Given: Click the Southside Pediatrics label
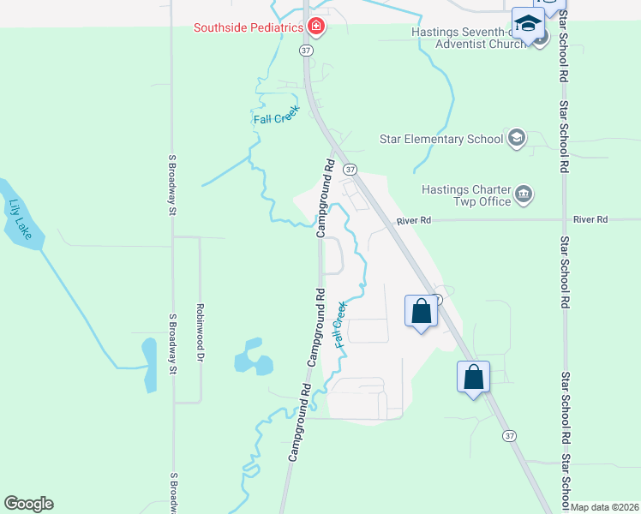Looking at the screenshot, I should point(249,27).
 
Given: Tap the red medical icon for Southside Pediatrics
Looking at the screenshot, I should point(316,27).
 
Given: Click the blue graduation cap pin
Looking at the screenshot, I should point(528,24).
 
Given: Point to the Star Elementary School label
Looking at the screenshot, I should point(442,139).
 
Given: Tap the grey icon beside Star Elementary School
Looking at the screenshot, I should point(516,138).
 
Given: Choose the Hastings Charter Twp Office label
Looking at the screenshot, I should point(465,195).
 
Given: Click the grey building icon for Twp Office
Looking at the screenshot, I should point(524,195).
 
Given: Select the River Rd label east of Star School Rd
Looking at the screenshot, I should point(590,220).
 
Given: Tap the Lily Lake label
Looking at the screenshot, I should point(18,218).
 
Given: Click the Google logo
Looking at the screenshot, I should point(28,504).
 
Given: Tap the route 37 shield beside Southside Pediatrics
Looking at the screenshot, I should point(305,51).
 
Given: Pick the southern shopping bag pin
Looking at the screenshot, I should point(473,377).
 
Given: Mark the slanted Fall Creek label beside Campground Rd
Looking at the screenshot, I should point(340,322).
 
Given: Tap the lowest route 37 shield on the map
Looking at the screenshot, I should point(510,436).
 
